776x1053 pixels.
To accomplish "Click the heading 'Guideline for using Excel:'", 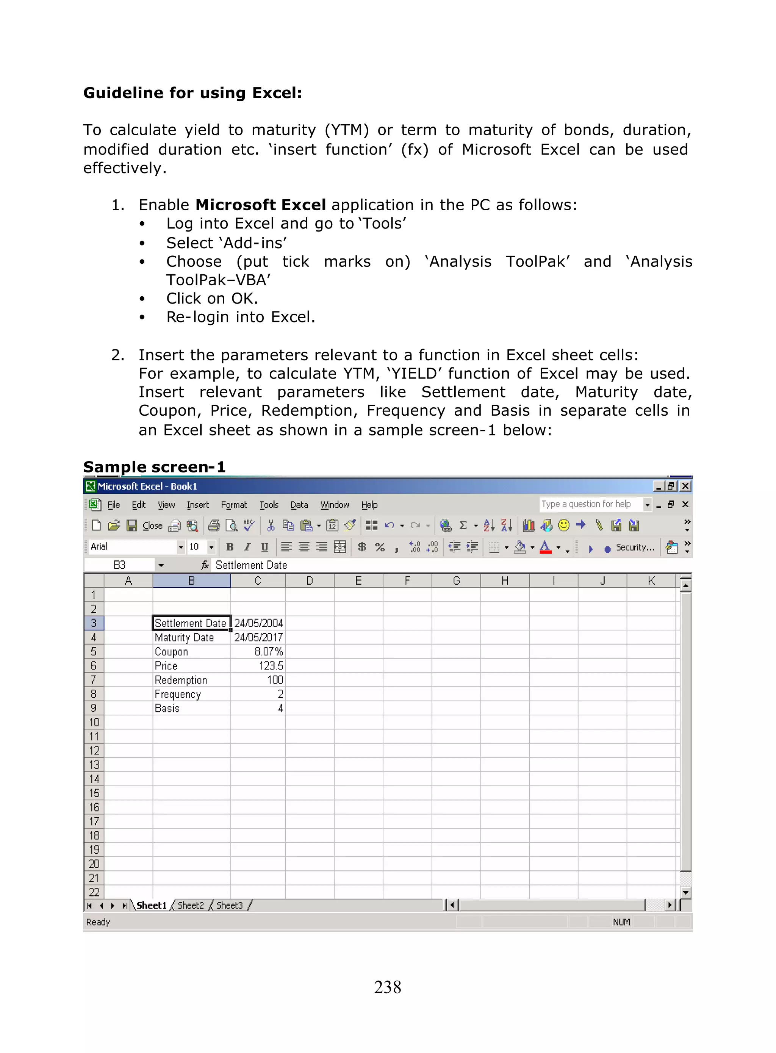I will [x=192, y=93].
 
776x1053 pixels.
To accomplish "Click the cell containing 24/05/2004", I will [x=258, y=623].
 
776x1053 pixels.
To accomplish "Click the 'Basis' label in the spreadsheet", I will [x=167, y=708].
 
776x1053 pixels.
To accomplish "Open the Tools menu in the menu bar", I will [x=269, y=505].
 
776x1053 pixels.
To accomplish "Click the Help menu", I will [x=369, y=505].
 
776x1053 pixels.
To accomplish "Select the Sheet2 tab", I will [x=191, y=905].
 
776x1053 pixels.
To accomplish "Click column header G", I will [x=456, y=581].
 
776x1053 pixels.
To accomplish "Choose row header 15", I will [x=94, y=793].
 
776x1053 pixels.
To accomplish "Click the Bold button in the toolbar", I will [x=230, y=547].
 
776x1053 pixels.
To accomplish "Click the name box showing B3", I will [x=120, y=565].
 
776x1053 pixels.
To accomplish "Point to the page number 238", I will [x=388, y=987].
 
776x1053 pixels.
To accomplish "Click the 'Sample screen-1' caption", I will [x=154, y=467].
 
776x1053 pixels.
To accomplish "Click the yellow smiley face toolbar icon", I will [x=564, y=525].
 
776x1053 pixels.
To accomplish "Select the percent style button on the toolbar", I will [x=380, y=547].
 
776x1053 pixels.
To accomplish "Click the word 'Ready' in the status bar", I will [x=98, y=922].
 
